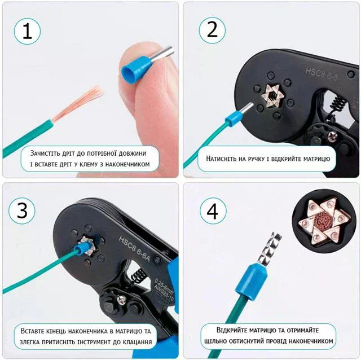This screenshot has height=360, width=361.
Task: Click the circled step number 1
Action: (27, 32)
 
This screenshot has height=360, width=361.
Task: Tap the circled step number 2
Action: (212, 30)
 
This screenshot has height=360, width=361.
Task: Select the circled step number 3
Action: (22, 210)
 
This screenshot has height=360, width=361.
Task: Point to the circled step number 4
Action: (213, 211)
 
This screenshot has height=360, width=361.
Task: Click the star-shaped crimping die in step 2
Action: (273, 95)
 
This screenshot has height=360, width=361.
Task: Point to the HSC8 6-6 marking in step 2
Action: (322, 74)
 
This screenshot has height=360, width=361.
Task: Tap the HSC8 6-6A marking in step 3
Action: (134, 248)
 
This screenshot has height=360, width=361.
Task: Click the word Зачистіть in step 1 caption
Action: (45, 153)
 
